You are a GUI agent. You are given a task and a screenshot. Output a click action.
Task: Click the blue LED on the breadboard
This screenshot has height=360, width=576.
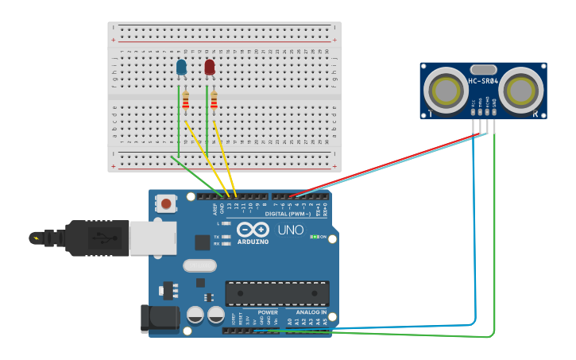181,67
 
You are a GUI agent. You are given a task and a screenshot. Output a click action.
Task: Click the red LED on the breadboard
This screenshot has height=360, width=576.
210,67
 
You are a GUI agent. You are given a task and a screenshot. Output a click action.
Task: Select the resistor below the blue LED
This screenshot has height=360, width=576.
186,100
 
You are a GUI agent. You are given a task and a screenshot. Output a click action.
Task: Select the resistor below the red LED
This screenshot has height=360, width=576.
214,100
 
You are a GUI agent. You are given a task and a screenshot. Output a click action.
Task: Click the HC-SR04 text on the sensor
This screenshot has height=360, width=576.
483,81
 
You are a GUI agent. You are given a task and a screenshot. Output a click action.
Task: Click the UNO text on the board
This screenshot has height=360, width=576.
290,230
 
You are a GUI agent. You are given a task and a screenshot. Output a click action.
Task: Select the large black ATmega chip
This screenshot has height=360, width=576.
276,293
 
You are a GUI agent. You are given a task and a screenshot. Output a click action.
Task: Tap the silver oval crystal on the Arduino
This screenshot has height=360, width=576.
199,266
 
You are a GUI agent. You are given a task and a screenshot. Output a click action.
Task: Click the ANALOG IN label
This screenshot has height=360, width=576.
307,312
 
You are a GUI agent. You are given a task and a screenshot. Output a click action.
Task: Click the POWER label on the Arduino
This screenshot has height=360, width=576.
268,312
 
